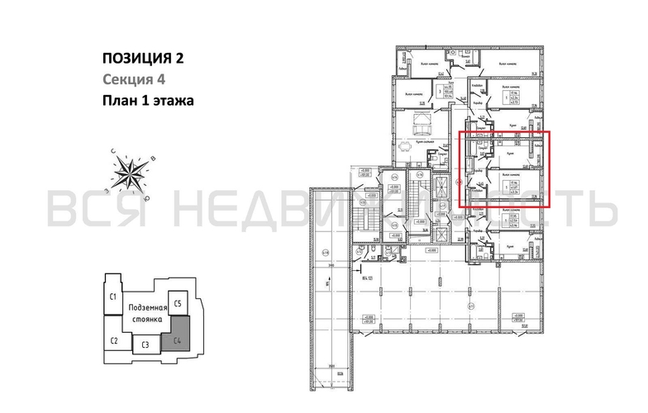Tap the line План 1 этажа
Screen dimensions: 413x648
point(147,102)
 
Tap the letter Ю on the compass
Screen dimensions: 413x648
point(146,199)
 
